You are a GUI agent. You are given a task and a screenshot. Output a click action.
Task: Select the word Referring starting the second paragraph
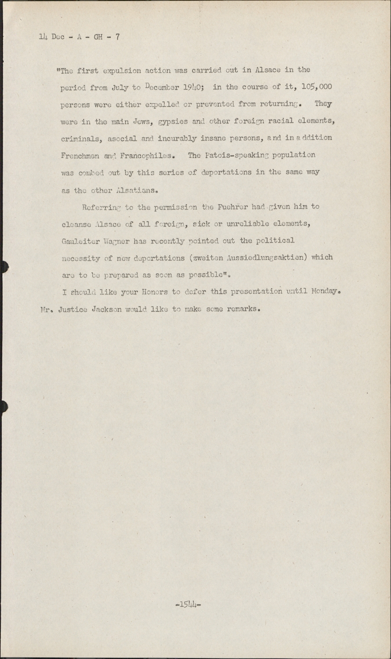pos(101,207)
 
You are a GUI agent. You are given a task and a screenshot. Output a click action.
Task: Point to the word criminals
pos(82,138)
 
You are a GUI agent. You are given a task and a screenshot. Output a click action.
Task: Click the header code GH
pos(99,37)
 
